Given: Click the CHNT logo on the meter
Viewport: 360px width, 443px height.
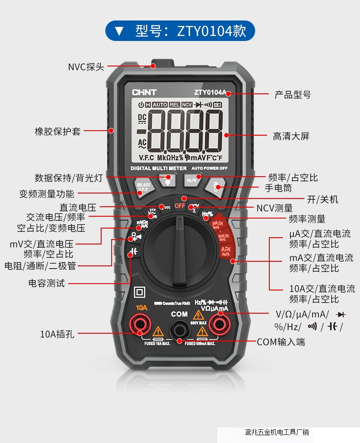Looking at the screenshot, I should pos(144,92).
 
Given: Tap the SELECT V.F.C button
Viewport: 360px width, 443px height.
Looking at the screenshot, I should pos(143,187).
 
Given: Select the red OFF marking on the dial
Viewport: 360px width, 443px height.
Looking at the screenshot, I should pos(180,206).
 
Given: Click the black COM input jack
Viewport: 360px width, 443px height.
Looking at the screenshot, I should pos(179,329).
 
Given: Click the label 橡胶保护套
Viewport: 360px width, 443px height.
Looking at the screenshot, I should pos(57,131).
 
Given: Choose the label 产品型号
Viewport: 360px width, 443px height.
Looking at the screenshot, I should pos(292,95).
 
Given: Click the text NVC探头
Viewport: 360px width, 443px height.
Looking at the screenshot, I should pos(86,67).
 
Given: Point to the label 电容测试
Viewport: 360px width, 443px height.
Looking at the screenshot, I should pos(46,283).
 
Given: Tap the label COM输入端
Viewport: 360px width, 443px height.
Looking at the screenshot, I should pos(281,341).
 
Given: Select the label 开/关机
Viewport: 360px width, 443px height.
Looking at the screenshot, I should pos(323,199).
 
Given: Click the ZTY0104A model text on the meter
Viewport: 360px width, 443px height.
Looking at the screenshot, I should pos(209,92).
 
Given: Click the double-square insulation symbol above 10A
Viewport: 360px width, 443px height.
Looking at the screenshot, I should pos(139,292).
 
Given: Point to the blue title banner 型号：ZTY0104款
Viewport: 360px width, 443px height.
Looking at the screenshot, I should pos(180,31).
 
